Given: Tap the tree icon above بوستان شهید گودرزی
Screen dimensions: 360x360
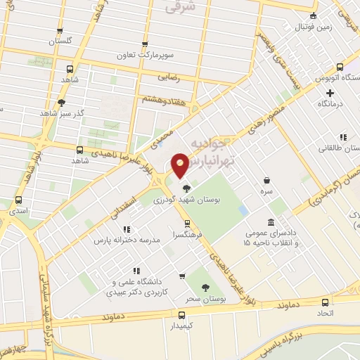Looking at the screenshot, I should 186,188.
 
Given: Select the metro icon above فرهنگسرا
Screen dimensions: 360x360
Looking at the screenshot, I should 187,223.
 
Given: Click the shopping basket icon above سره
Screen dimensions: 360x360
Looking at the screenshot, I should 266,180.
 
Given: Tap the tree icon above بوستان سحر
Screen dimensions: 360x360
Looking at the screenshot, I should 205,287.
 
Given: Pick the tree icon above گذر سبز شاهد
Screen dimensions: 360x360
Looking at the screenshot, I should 62,103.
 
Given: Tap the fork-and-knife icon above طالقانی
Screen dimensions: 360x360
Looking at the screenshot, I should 342,138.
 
